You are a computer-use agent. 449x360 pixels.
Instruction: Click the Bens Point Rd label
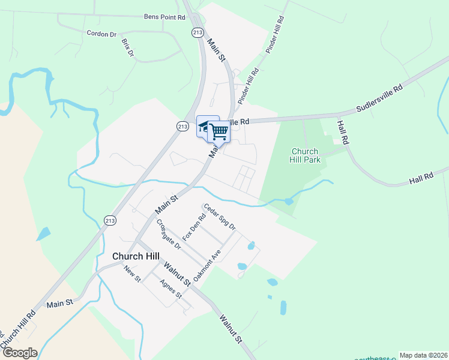(164, 18)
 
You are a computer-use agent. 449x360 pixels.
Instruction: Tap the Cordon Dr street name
(101, 34)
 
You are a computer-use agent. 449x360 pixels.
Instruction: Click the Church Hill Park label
(306, 155)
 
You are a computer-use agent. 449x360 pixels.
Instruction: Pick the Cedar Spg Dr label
(220, 217)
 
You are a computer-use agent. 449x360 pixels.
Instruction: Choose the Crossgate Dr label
(168, 234)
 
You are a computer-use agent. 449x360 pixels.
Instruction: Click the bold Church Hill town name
(136, 256)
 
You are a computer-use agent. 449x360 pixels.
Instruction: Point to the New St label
(131, 275)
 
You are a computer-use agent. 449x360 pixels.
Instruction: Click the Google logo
(20, 353)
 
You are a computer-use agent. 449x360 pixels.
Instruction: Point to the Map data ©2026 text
(423, 355)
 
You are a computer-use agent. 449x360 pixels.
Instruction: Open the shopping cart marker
(220, 131)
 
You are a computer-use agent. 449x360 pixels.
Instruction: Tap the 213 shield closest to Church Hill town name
(110, 220)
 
